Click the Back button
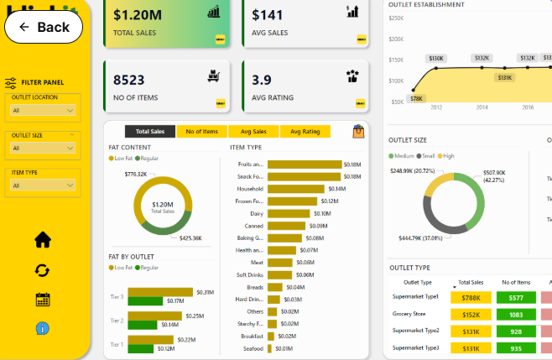[44, 27]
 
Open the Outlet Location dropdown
[43, 110]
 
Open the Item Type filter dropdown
[43, 185]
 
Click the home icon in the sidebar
[43, 240]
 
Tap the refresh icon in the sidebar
[43, 270]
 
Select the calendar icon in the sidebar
[43, 300]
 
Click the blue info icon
[43, 327]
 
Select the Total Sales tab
[149, 132]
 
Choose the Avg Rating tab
[305, 132]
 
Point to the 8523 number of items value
[129, 81]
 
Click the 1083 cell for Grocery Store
[516, 314]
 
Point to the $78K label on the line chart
[416, 98]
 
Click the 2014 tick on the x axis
[482, 108]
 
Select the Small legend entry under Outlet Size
[427, 156]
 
